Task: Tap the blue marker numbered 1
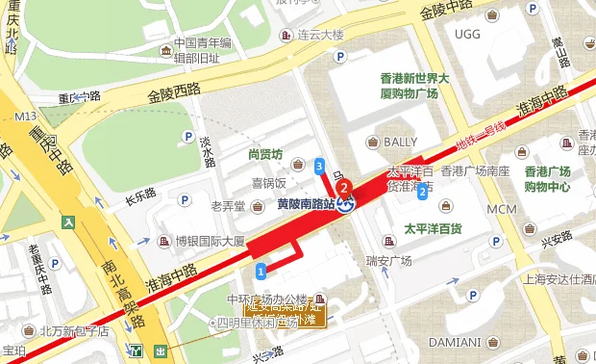pos(261,266)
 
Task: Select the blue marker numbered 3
pos(318,167)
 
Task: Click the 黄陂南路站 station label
pos(305,204)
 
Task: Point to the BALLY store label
pos(401,142)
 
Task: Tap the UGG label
pos(467,35)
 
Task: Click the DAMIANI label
pos(455,341)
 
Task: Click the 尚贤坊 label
pos(264,153)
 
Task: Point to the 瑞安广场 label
pos(388,261)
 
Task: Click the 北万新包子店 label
pos(75,332)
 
